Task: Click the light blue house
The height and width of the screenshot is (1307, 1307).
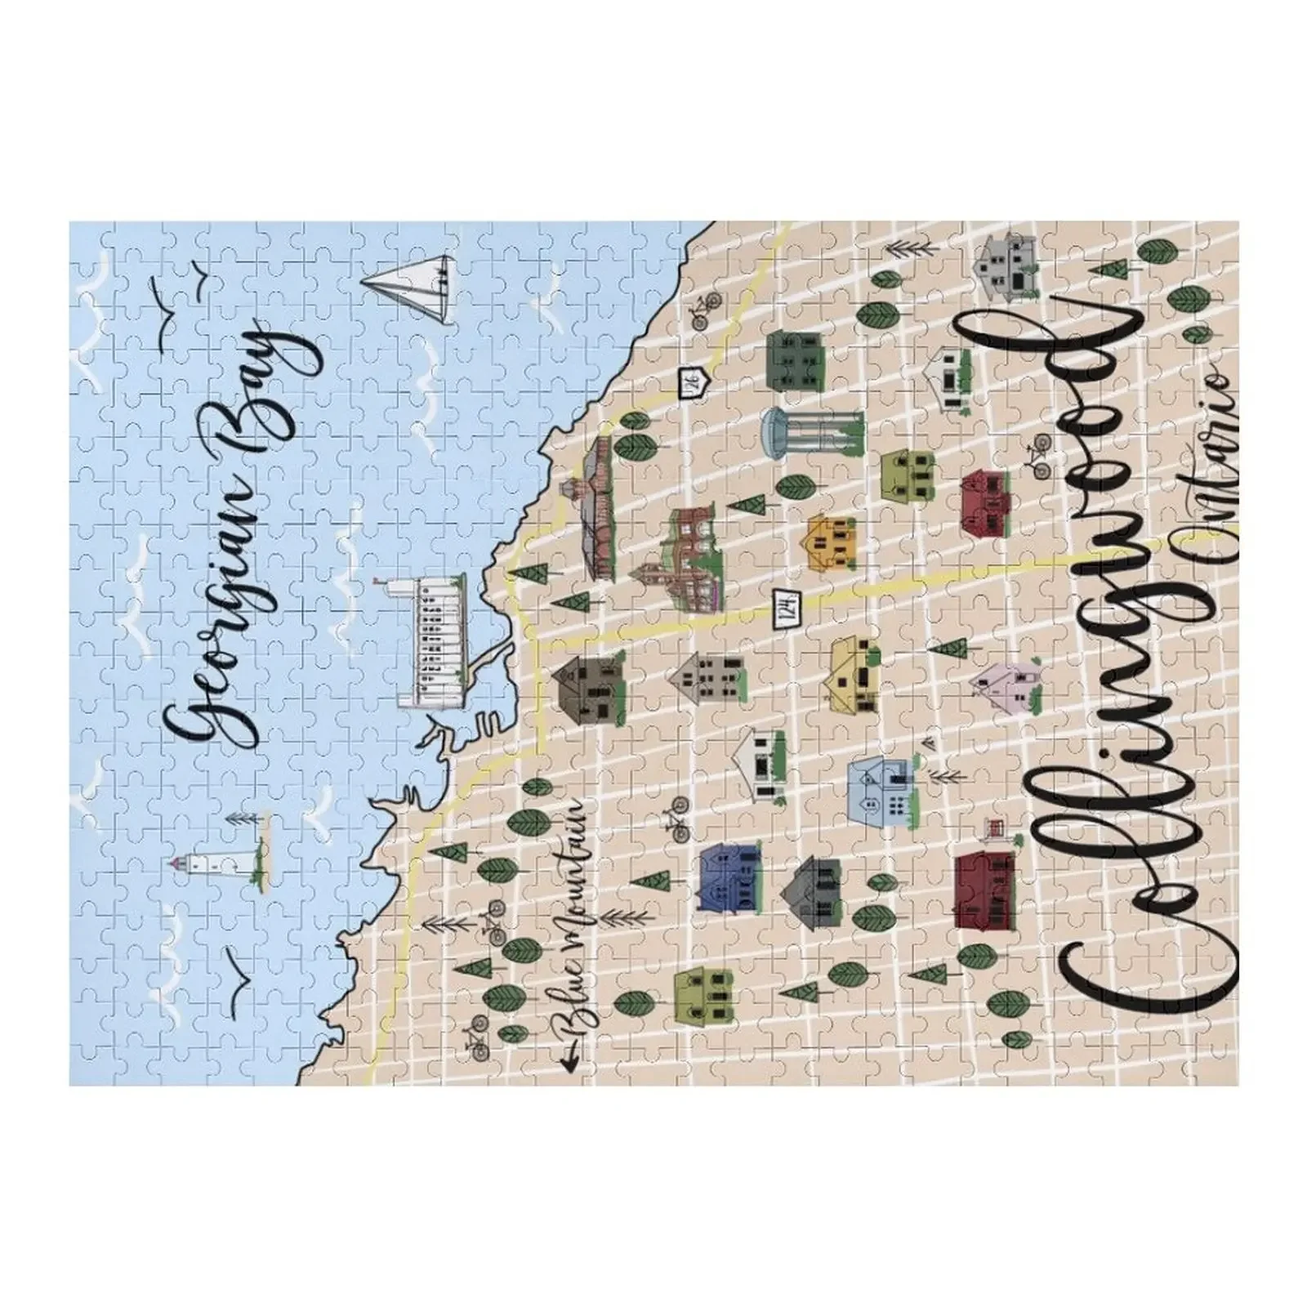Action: (882, 788)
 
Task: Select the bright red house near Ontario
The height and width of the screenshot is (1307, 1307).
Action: (986, 502)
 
